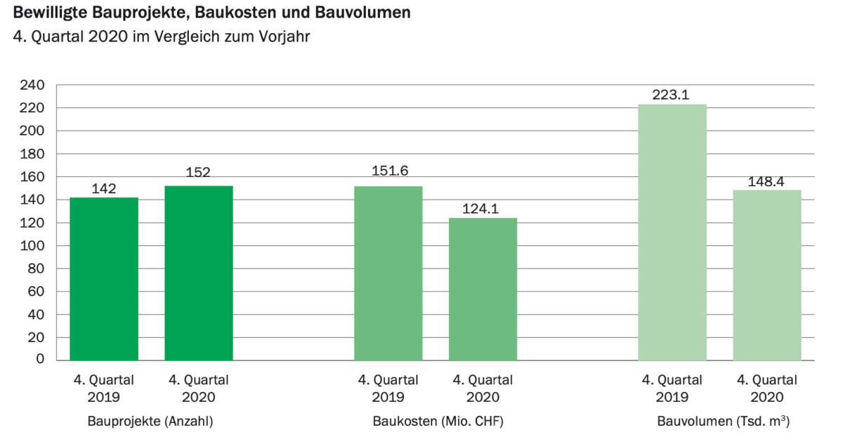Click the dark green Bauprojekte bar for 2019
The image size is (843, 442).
pyautogui.click(x=104, y=279)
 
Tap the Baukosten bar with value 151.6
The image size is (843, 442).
pyautogui.click(x=388, y=273)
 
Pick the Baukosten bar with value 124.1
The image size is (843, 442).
pyautogui.click(x=483, y=289)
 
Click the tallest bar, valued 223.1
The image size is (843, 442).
pyautogui.click(x=672, y=232)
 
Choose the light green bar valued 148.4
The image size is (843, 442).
pyautogui.click(x=767, y=275)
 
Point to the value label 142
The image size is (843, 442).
pyautogui.click(x=104, y=188)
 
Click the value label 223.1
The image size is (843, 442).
pyautogui.click(x=672, y=94)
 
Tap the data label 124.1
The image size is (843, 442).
pyautogui.click(x=483, y=209)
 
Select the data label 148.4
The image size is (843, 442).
pyautogui.click(x=767, y=181)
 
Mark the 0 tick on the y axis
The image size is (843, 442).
pyautogui.click(x=41, y=360)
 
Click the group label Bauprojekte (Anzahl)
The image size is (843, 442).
pyautogui.click(x=150, y=422)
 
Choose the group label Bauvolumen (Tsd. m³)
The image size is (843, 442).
pyautogui.click(x=719, y=422)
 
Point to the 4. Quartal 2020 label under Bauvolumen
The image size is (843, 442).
pyautogui.click(x=767, y=388)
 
